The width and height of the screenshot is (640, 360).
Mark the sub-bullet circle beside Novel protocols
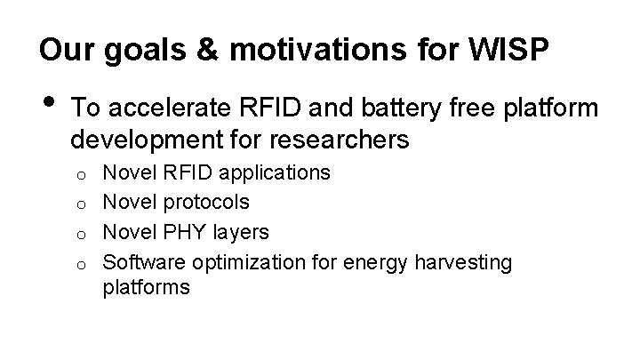[80, 204]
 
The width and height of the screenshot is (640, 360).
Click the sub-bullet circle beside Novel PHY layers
[80, 234]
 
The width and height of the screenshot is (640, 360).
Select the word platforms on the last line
[147, 288]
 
